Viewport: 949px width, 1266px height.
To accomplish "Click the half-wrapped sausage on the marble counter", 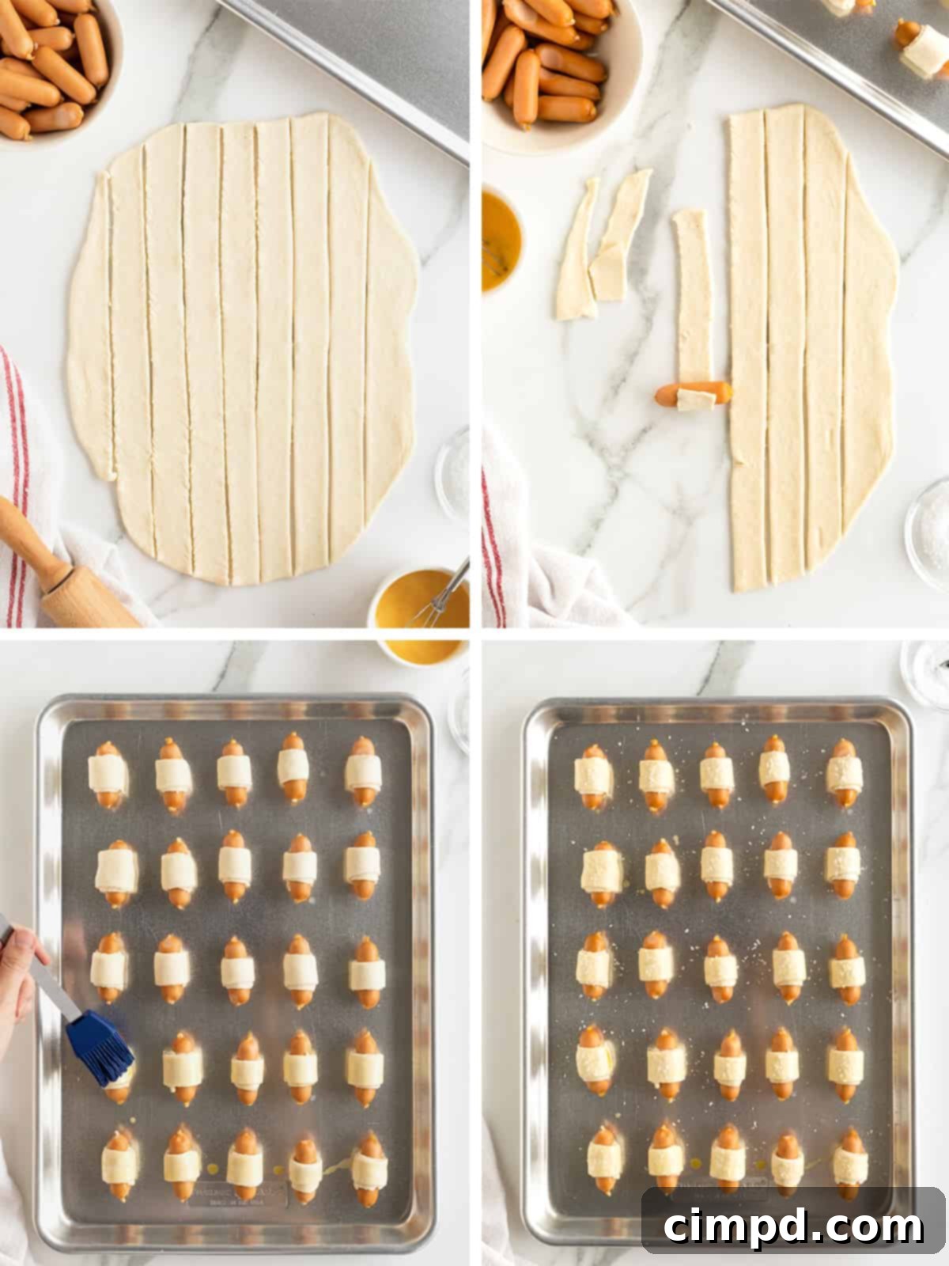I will pos(693,393).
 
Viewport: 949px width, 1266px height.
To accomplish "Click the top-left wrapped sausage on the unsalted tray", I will pos(108,774).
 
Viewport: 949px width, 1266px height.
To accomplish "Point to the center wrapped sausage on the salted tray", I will pos(718,970).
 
